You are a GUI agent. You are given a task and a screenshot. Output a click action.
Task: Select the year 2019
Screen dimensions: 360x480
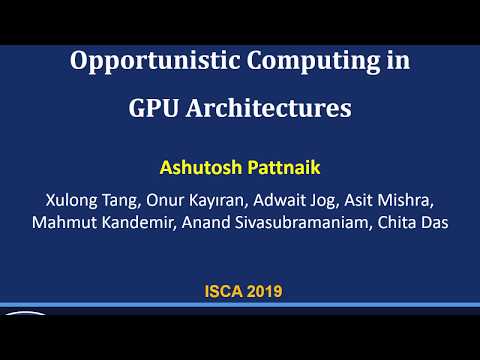tap(262, 292)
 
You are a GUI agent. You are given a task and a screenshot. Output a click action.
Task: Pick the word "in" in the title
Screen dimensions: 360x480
tap(397, 61)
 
